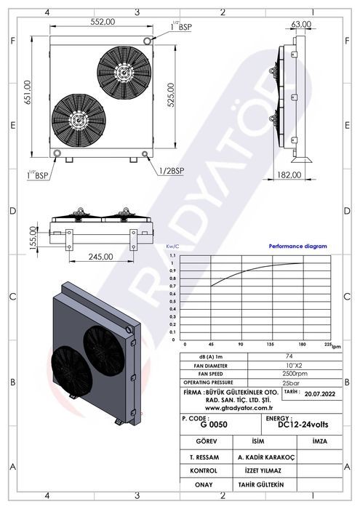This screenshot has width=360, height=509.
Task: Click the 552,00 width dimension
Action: [x=103, y=23]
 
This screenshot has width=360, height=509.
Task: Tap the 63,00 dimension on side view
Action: [x=301, y=24]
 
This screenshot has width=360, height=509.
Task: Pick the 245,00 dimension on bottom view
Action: [x=100, y=256]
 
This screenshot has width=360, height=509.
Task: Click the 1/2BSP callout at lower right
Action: [x=171, y=171]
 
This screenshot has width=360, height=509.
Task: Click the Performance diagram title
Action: [x=297, y=247]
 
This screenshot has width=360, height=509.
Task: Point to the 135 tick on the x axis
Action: [x=269, y=345]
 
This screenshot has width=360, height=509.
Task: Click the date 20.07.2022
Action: [x=321, y=395]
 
